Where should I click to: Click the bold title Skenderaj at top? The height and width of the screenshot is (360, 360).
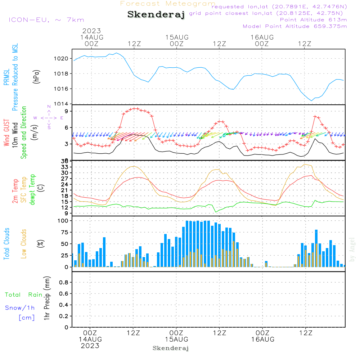point(156,15)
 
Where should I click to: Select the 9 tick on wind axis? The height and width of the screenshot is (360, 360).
point(66,111)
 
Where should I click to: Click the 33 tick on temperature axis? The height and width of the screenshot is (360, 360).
point(65,167)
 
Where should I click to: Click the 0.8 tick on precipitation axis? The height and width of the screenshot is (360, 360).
point(64,283)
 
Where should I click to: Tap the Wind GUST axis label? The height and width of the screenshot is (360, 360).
point(7,134)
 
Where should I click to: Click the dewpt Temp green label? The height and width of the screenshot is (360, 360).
point(32,189)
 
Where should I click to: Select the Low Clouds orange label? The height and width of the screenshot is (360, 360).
point(24,243)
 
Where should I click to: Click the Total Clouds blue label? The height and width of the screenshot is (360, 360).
point(7,243)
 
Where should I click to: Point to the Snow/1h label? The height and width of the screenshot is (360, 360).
point(20,308)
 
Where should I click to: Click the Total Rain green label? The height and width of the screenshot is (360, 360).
point(23,294)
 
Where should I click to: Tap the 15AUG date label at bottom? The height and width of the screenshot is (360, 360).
point(176,339)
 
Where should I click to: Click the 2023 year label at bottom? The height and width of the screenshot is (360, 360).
point(90,346)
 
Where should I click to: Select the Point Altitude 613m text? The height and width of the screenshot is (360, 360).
point(313,20)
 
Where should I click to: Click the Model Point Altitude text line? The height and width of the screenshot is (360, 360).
point(295,26)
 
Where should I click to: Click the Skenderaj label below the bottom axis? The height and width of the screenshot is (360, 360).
point(171,348)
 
